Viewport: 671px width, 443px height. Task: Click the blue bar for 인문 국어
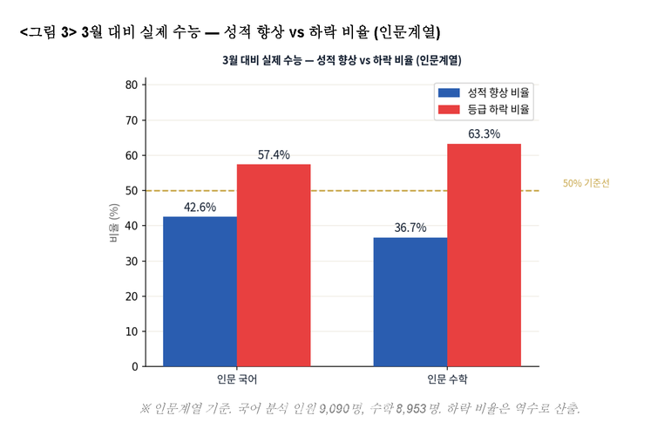tap(200, 291)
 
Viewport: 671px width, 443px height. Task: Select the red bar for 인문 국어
tap(274, 265)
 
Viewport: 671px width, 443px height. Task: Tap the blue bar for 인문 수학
tap(410, 302)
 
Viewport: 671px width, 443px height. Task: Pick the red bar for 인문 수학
tap(484, 255)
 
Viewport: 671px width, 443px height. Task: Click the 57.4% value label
tap(274, 155)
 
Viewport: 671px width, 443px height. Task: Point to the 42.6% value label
tap(200, 208)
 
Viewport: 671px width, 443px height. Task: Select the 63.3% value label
tap(484, 134)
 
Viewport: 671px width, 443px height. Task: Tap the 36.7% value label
tap(410, 228)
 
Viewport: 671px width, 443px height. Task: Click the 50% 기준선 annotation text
tap(586, 184)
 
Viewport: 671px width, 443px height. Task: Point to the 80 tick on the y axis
tap(132, 85)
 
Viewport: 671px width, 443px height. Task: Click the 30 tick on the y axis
tap(132, 262)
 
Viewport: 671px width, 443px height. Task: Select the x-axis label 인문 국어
tap(237, 380)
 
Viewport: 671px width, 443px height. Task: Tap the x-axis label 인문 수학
tap(447, 380)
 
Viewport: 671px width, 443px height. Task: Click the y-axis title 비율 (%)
tap(113, 224)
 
